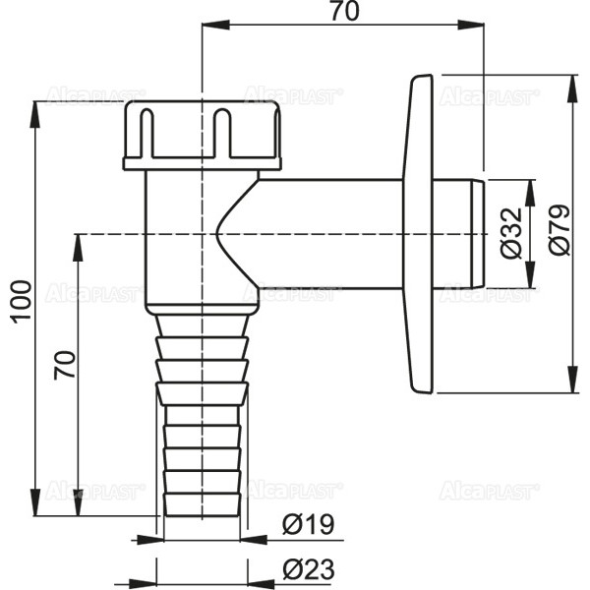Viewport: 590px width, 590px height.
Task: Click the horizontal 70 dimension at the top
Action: [345, 11]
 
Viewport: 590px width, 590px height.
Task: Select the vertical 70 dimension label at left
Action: [64, 365]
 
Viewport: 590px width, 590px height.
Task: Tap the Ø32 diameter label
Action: [512, 233]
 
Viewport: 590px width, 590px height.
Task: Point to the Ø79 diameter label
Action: [560, 230]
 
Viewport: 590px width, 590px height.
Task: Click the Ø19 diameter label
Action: [308, 524]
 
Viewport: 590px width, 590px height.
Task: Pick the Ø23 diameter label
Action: [308, 569]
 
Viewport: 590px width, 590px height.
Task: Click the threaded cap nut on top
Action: [203, 136]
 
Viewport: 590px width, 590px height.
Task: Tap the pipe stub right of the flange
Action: [458, 234]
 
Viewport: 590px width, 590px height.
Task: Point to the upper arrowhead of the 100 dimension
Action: [35, 115]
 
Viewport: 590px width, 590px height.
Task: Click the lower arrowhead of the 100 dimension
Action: [35, 502]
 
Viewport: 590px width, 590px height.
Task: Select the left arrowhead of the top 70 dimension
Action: [216, 25]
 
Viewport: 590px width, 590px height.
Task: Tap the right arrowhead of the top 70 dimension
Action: [471, 25]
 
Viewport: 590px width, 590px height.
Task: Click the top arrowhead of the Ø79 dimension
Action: [574, 88]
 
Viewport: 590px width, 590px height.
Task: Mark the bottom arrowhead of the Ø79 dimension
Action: [574, 379]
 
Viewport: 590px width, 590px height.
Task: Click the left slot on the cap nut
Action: [147, 133]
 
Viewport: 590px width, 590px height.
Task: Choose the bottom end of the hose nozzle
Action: [202, 514]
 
